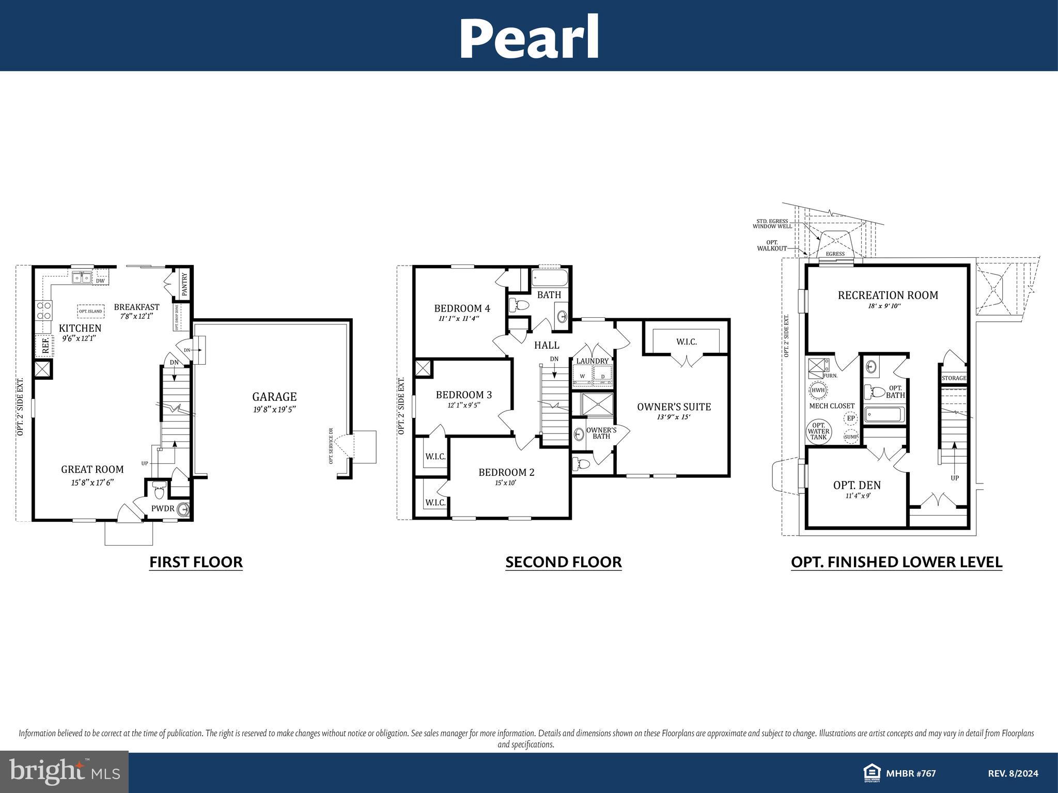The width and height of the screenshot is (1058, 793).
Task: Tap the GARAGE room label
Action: point(274,397)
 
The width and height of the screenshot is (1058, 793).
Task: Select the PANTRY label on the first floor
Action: point(185,283)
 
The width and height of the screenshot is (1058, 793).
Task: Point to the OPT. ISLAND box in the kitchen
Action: point(90,312)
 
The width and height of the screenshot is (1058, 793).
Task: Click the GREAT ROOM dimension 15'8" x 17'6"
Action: point(92,482)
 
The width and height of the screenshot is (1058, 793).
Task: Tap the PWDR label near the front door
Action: point(162,508)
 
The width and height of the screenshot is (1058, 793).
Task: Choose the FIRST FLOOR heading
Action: point(196,562)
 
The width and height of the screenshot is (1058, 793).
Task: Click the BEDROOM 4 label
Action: point(462,308)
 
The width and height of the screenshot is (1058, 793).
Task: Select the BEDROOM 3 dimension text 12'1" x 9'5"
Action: point(463,406)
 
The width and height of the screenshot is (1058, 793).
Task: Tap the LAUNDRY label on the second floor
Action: point(592,361)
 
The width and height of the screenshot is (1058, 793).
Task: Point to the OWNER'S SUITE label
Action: point(674,407)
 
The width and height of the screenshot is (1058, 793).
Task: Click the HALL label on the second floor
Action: point(547,345)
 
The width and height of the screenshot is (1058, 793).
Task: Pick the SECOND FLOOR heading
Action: point(563,562)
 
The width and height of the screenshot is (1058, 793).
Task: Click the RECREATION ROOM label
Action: point(888,295)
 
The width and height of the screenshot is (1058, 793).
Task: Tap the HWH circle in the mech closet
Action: point(818,390)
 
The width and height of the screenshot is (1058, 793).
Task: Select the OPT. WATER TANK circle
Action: point(818,431)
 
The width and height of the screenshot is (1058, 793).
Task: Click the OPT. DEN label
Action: point(857,485)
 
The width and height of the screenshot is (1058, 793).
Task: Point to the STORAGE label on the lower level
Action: point(954,378)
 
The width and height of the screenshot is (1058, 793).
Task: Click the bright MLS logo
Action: point(64,771)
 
